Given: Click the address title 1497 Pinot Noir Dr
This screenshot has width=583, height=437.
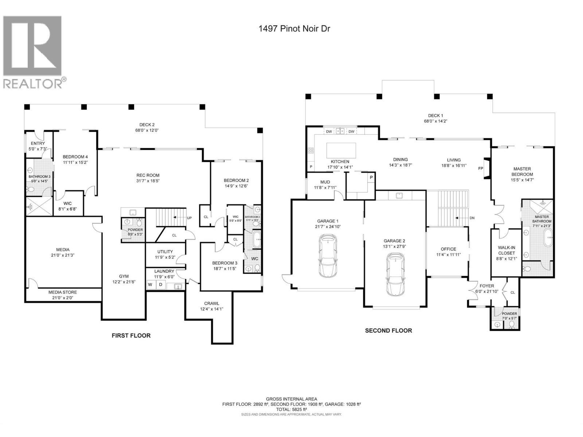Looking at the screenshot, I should pyautogui.click(x=294, y=29).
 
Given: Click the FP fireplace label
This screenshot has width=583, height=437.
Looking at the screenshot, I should pyautogui.click(x=481, y=169).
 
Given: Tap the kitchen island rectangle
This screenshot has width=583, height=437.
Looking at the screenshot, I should pyautogui.click(x=341, y=150).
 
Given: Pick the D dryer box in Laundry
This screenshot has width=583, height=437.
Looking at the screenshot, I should pyautogui.click(x=161, y=284).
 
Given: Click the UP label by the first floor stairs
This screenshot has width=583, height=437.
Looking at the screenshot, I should pyautogui.click(x=189, y=217).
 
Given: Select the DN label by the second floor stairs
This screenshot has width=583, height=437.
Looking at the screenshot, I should pyautogui.click(x=472, y=218).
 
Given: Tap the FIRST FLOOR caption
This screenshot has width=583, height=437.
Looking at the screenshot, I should pyautogui.click(x=131, y=335).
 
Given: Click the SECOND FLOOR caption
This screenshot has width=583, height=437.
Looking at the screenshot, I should pyautogui.click(x=388, y=330).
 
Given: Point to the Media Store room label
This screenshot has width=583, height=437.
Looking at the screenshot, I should pyautogui.click(x=63, y=292).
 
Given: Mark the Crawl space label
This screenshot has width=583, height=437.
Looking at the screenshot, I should pyautogui.click(x=211, y=303).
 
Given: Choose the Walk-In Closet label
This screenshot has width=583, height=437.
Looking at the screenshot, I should pyautogui.click(x=506, y=250).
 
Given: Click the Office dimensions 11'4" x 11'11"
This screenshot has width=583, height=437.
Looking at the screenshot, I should pyautogui.click(x=448, y=255).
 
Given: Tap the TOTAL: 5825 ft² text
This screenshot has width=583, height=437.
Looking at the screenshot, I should pyautogui.click(x=291, y=409).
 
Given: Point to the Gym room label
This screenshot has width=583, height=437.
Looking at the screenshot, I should pyautogui.click(x=124, y=276).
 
